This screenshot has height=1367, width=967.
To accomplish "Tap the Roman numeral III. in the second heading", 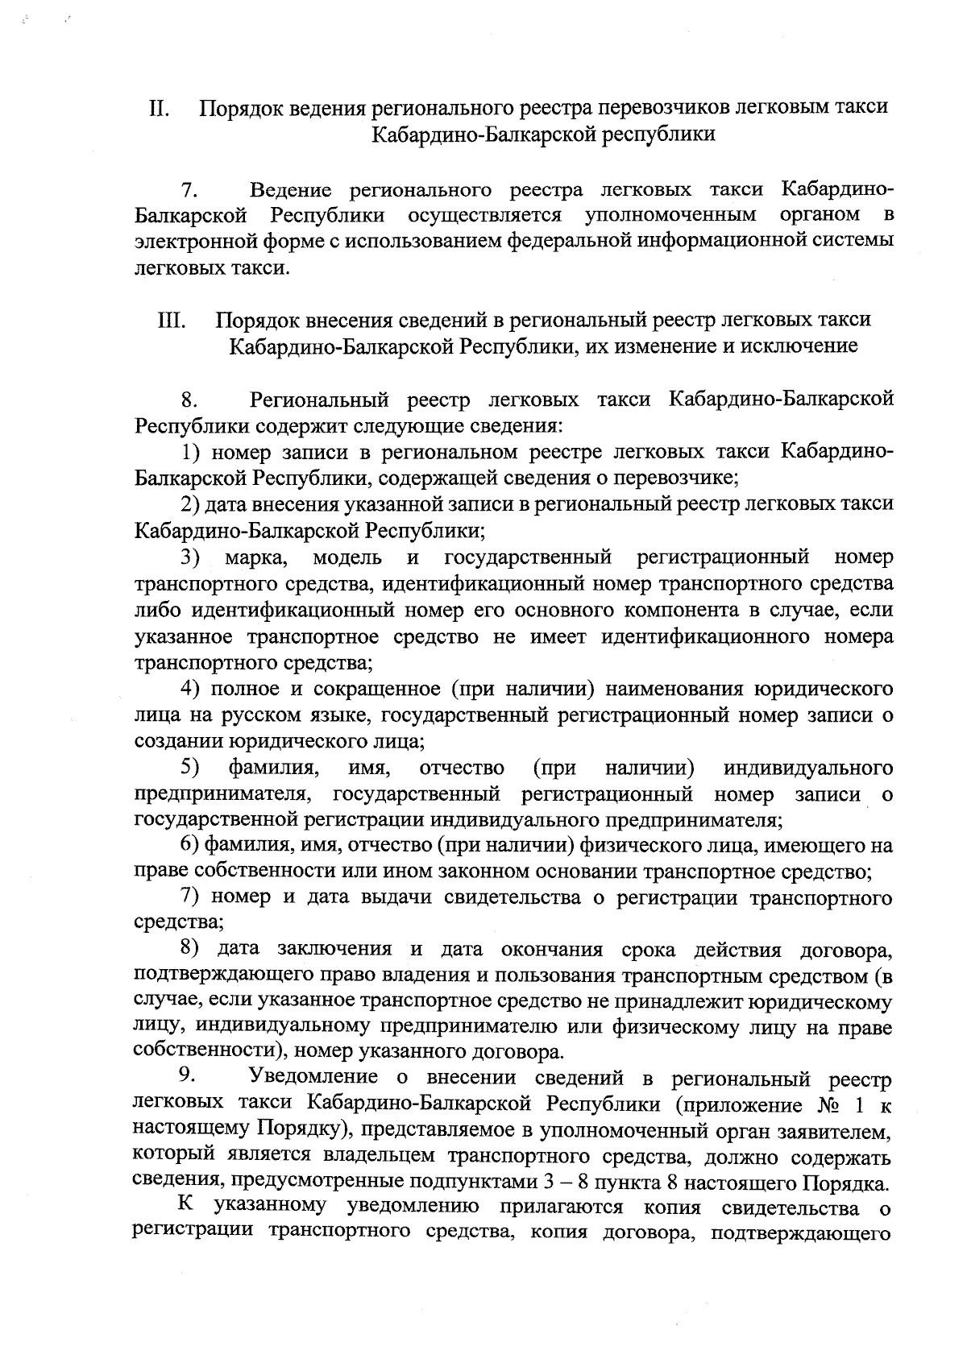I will point(172,320).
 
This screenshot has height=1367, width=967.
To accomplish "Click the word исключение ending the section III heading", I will point(799,346).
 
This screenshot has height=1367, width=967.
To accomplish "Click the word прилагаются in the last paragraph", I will point(563,1207).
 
